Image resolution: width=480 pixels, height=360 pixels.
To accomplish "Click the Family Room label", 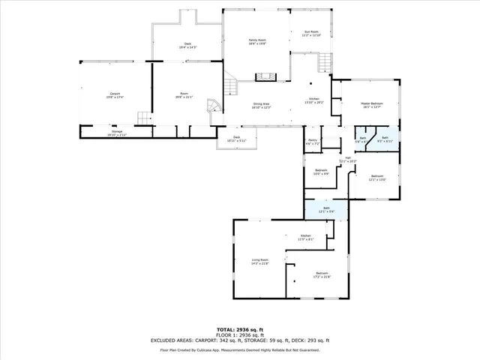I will tap(258, 40).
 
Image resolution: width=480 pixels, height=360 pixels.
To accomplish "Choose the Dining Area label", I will tap(262, 103).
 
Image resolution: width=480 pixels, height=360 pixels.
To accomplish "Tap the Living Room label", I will tap(259, 259).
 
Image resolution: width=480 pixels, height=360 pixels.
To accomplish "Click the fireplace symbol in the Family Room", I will tap(265, 76).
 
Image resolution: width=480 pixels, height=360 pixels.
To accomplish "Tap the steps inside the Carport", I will tap(142, 118).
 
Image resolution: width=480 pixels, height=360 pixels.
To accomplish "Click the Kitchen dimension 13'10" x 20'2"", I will tap(315, 103).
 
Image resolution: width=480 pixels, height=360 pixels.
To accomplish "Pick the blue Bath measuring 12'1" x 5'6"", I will tap(326, 211).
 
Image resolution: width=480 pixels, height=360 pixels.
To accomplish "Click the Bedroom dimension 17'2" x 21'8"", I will tap(322, 277).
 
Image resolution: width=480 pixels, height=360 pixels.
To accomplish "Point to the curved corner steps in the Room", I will tap(213, 106).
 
